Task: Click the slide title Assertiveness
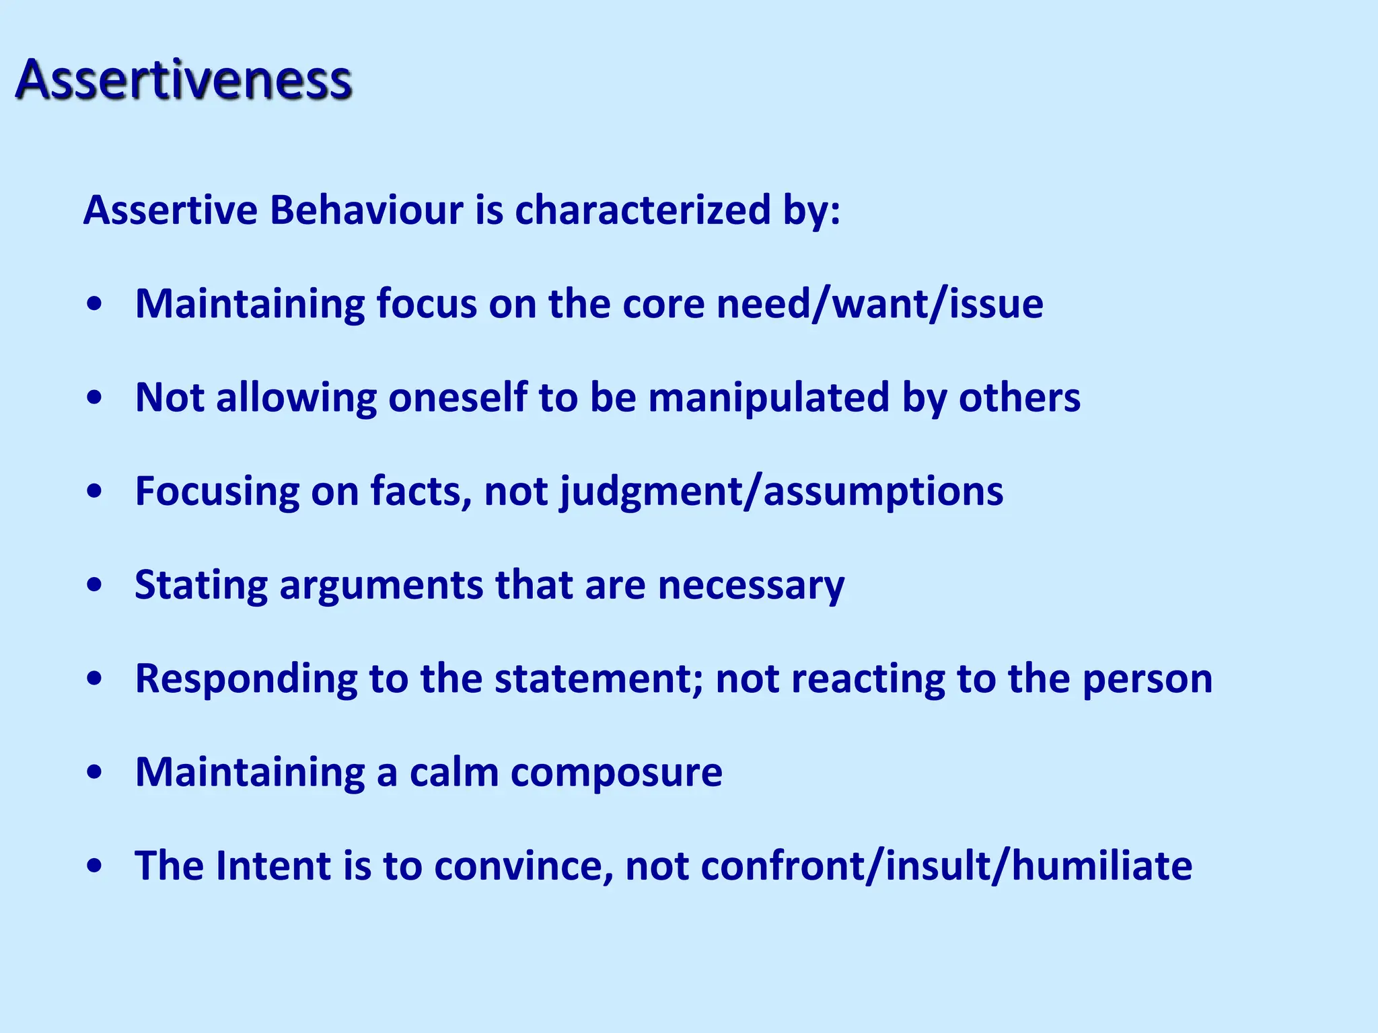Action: coord(183,80)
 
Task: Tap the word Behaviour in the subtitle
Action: coord(367,210)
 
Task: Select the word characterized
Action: coord(643,210)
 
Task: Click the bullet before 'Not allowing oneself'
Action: coord(95,397)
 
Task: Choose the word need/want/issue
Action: coord(880,304)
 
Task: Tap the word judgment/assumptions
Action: coord(782,492)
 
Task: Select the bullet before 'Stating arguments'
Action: coord(95,584)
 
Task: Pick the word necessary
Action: coord(751,586)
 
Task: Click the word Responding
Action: coord(246,679)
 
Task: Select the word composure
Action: coord(616,773)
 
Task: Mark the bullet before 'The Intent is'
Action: coord(95,866)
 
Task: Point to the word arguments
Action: coord(381,586)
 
